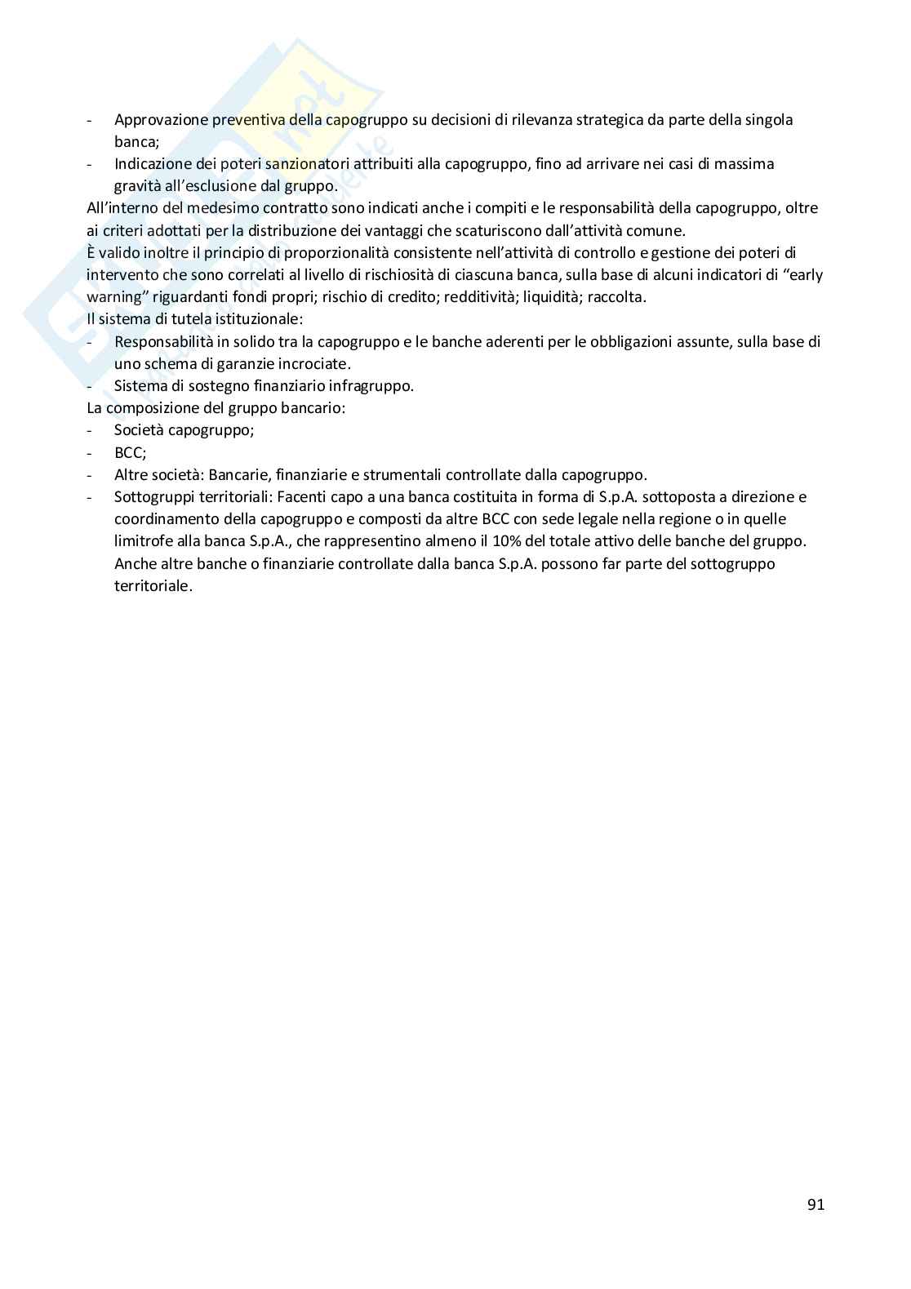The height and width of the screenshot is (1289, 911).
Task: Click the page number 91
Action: click(815, 1205)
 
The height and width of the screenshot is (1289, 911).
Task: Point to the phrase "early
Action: click(802, 275)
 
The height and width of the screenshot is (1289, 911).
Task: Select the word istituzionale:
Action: click(256, 319)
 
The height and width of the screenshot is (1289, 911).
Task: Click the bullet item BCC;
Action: click(130, 452)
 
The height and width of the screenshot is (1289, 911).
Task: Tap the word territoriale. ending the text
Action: click(153, 585)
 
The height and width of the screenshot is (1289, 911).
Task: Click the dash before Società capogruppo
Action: click(90, 430)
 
